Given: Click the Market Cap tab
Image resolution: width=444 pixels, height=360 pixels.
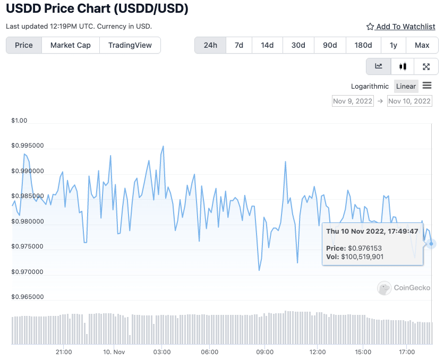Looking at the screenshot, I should coord(70,45).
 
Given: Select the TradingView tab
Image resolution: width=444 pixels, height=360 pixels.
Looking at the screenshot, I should coord(130,45).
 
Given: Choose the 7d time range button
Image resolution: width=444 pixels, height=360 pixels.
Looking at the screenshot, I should coord(239,45).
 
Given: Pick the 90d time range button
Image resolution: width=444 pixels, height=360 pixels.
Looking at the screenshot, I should coord(330,45).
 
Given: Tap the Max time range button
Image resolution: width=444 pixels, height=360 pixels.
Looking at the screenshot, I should coord(422,45).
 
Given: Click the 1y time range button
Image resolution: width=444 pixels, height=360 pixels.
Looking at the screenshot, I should coord(394,45).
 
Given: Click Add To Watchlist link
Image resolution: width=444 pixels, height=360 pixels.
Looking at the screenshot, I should coord(401,27).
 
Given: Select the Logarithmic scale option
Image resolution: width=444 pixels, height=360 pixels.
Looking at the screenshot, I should coord(370,86).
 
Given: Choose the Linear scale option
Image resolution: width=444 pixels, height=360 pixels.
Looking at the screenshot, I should coord(406,86).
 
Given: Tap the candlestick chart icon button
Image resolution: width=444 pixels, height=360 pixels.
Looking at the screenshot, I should coord(403,66).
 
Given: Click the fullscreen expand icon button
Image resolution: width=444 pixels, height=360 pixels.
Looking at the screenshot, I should coord(426,66).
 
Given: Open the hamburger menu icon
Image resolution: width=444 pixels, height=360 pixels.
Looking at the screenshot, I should coord(427,85).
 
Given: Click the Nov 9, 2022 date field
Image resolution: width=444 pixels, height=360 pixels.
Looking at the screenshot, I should coord(353,101).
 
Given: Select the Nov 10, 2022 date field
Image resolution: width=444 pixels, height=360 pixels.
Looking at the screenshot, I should coord(409,101).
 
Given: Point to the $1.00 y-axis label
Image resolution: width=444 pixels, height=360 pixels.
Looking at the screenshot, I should coord(19,121).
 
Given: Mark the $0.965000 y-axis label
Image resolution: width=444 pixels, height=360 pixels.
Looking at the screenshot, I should coord(28,297).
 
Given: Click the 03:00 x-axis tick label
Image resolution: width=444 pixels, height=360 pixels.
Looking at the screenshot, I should coord(161,352).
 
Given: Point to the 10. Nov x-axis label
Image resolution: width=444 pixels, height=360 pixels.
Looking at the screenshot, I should coord(114,352).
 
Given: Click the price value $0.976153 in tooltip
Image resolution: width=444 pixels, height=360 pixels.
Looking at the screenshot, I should coord(365,248).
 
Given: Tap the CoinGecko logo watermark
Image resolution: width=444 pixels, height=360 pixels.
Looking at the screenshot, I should coord(404,288).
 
